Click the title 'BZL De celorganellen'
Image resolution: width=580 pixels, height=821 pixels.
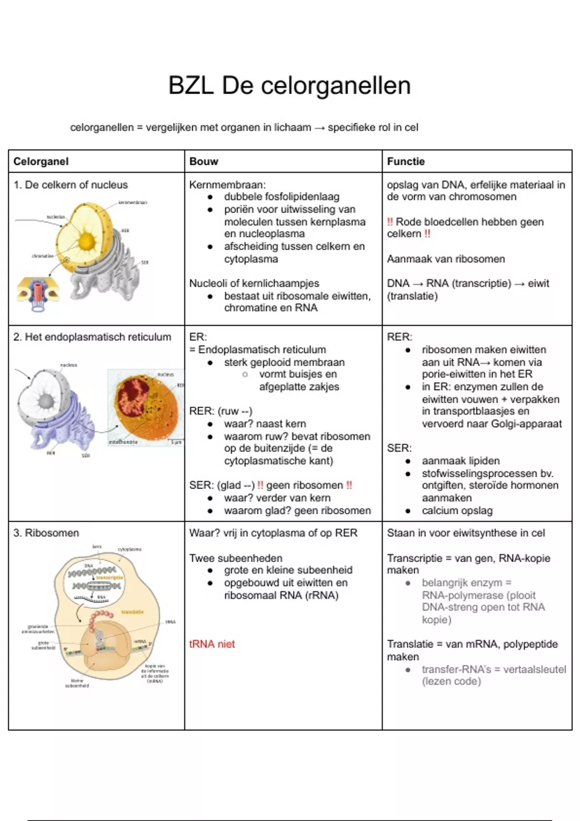[290, 86]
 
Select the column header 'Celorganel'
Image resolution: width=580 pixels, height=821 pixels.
[41, 161]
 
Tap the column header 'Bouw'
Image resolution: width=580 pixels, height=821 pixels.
[203, 161]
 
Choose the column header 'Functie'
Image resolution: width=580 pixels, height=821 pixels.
[406, 161]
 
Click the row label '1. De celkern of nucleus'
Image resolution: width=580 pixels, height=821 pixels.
[71, 185]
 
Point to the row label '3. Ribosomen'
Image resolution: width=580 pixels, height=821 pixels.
[46, 533]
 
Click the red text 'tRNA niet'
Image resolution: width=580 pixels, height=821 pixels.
[212, 644]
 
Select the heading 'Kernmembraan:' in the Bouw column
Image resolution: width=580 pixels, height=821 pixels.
[227, 185]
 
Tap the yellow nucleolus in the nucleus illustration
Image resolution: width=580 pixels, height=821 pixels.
[87, 241]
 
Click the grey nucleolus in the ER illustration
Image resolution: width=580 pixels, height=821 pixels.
[46, 401]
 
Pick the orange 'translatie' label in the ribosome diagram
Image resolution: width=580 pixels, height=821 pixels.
[132, 612]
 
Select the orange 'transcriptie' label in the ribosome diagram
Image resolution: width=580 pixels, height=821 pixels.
[110, 578]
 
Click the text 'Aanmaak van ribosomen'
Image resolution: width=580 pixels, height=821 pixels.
[446, 259]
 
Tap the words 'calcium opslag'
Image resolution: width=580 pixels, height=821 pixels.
[457, 510]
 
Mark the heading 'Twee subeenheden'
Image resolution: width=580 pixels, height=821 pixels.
[236, 558]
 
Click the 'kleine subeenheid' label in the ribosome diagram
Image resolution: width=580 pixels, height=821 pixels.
[77, 683]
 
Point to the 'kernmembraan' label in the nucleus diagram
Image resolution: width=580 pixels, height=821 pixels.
[133, 203]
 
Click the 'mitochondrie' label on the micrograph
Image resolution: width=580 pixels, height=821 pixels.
[123, 442]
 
